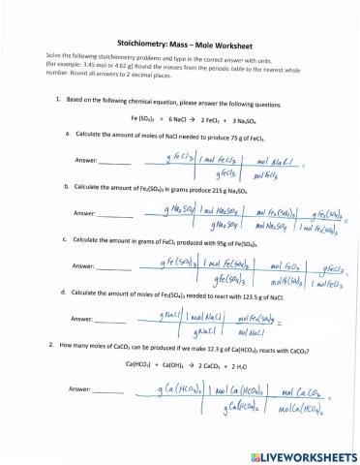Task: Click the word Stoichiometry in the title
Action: pos(140,44)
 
